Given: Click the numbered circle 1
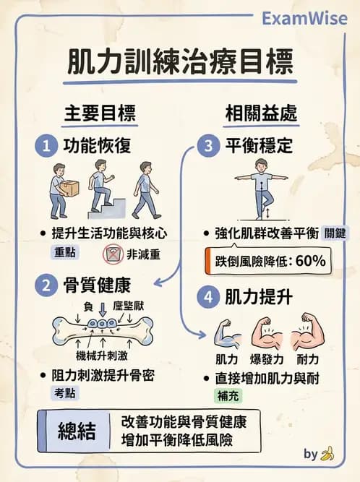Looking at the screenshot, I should tap(47, 146).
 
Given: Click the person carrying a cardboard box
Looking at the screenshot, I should tap(60, 189).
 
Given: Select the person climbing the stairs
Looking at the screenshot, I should tap(101, 189).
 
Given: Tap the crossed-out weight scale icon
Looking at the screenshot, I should tap(113, 254).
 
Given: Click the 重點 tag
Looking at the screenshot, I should tap(67, 254).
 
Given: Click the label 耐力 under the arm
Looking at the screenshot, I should tap(309, 359).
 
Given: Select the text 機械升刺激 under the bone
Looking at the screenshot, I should tap(103, 356).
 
